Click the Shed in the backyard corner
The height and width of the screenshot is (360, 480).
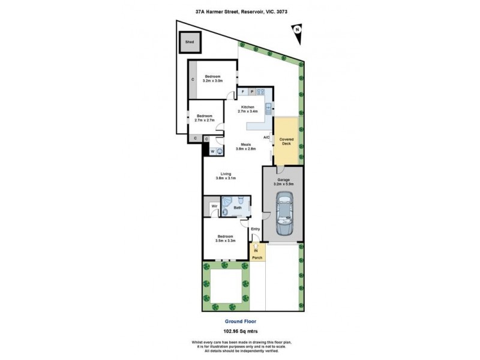click(x=190, y=43)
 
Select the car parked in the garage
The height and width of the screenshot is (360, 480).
click(x=284, y=214)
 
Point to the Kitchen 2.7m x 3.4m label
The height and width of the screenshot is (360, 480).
click(x=248, y=109)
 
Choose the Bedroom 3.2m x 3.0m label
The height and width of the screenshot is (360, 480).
click(x=213, y=78)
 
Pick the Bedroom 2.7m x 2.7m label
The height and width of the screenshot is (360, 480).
click(x=205, y=118)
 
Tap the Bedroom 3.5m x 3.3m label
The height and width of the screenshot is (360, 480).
click(x=226, y=239)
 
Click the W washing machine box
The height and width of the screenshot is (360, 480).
click(x=212, y=152)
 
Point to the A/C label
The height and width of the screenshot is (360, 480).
click(x=266, y=137)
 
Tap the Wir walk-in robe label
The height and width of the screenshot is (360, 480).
click(x=213, y=207)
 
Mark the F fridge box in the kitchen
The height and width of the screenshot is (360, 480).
click(x=242, y=92)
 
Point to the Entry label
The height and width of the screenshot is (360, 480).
click(x=255, y=229)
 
